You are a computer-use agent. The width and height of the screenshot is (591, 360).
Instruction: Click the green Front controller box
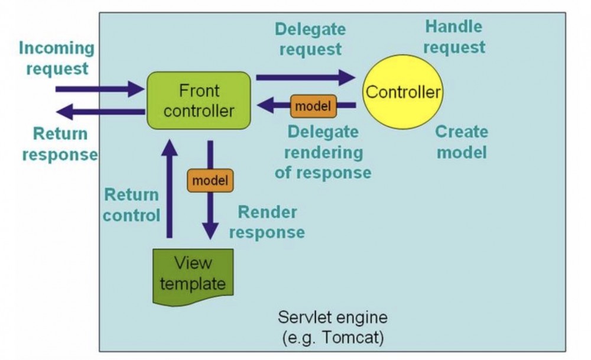click(199, 100)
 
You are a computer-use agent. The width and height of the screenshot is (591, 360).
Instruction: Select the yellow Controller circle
click(402, 92)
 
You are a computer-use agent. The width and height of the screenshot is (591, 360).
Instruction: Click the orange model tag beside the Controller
click(313, 106)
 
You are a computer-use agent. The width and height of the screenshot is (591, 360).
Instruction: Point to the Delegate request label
click(310, 38)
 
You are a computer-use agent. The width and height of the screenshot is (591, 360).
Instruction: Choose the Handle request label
click(454, 37)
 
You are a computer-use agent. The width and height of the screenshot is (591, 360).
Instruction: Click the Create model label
click(461, 142)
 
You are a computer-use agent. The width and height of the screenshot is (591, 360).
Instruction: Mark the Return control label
click(131, 205)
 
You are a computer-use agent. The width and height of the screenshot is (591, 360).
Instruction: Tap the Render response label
click(267, 222)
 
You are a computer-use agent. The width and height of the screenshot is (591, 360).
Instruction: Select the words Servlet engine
click(333, 317)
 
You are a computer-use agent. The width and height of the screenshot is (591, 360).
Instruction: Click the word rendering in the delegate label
click(323, 152)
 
